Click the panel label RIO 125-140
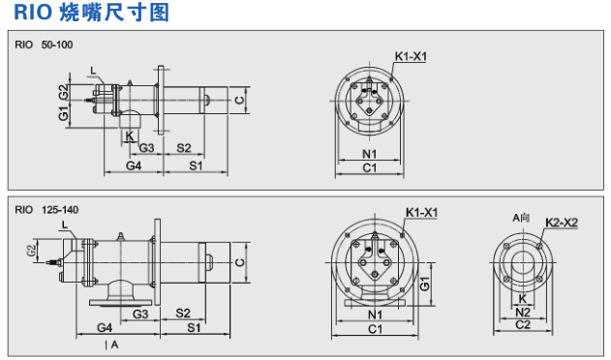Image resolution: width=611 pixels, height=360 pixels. point(46,207)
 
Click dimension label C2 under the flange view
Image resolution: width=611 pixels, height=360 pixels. point(522,325)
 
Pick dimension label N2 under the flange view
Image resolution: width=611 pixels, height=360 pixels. point(522,313)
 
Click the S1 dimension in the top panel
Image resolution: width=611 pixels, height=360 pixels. point(197,166)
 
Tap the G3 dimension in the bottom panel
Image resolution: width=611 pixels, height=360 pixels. point(139,315)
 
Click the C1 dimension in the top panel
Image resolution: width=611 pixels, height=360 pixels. point(370,167)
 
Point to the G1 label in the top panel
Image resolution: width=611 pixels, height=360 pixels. point(63,114)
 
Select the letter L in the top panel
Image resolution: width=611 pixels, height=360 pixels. point(92,70)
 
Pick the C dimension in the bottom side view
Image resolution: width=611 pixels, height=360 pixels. point(239,261)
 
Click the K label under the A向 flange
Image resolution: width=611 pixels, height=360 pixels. point(523,299)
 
